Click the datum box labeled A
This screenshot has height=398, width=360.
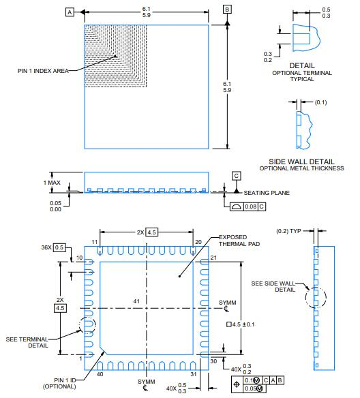click(x=70, y=12)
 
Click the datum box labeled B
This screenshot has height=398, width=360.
click(x=227, y=9)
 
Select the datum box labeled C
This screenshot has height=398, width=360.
click(x=236, y=176)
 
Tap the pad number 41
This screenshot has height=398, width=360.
click(x=136, y=301)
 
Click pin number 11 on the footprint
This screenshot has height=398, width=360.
click(x=95, y=242)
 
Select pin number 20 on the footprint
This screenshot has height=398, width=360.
click(x=197, y=242)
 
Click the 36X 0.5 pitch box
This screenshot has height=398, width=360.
click(x=60, y=247)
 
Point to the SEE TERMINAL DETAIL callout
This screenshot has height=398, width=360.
click(x=27, y=341)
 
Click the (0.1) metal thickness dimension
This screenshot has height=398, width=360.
click(x=322, y=102)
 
